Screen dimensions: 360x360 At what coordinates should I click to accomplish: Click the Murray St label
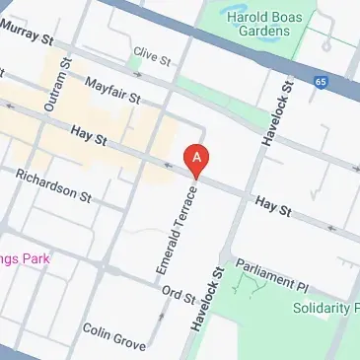tap(27, 36)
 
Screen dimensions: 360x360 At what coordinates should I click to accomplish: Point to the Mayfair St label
tap(114, 92)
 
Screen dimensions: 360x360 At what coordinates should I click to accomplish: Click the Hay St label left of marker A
tap(88, 131)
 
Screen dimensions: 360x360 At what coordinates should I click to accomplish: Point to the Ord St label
tap(179, 294)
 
